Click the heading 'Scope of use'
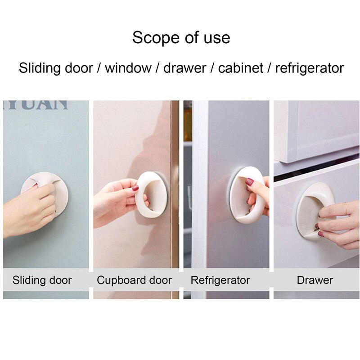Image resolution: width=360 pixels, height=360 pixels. click(181, 37)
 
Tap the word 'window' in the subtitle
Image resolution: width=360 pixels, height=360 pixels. click(128, 68)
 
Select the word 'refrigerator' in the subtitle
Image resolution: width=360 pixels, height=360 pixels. click(309, 68)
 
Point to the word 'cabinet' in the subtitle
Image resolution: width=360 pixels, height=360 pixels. click(241, 68)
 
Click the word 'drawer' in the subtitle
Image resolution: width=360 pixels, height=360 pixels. click(184, 68)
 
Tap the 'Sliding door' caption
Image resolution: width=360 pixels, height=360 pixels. click(42, 280)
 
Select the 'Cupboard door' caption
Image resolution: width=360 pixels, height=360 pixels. click(134, 280)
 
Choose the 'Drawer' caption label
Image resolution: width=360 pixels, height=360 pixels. click(315, 280)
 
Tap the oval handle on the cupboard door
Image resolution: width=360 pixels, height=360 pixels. click(153, 194)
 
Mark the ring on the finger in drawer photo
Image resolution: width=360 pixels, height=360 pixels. click(346, 208)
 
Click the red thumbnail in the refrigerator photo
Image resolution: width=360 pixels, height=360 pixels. click(249, 182)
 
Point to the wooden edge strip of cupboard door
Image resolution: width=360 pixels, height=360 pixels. click(175, 198)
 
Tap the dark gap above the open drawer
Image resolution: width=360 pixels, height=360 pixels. click(315, 169)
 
